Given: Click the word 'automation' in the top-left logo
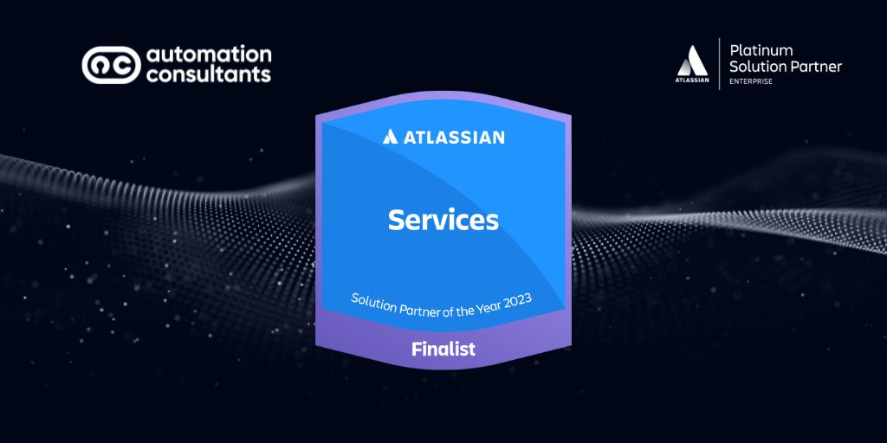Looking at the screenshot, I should click(x=209, y=55).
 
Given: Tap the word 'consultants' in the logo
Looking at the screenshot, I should click(x=209, y=75).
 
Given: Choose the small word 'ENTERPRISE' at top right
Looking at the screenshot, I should click(x=753, y=81).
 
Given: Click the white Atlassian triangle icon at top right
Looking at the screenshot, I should click(x=693, y=61).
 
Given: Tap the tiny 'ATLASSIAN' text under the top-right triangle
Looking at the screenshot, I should click(x=693, y=80).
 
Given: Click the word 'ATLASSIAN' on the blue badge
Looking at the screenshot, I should click(x=454, y=137).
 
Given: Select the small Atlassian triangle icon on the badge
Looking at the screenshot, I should click(x=391, y=137).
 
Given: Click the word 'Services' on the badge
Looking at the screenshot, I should click(x=443, y=220).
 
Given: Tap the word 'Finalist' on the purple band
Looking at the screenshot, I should click(x=443, y=350).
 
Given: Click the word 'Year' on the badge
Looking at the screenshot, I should click(x=482, y=305).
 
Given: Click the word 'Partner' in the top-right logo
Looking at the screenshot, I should click(x=813, y=67).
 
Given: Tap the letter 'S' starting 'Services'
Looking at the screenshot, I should click(x=396, y=220).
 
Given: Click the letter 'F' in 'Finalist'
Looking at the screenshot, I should click(x=417, y=350).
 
